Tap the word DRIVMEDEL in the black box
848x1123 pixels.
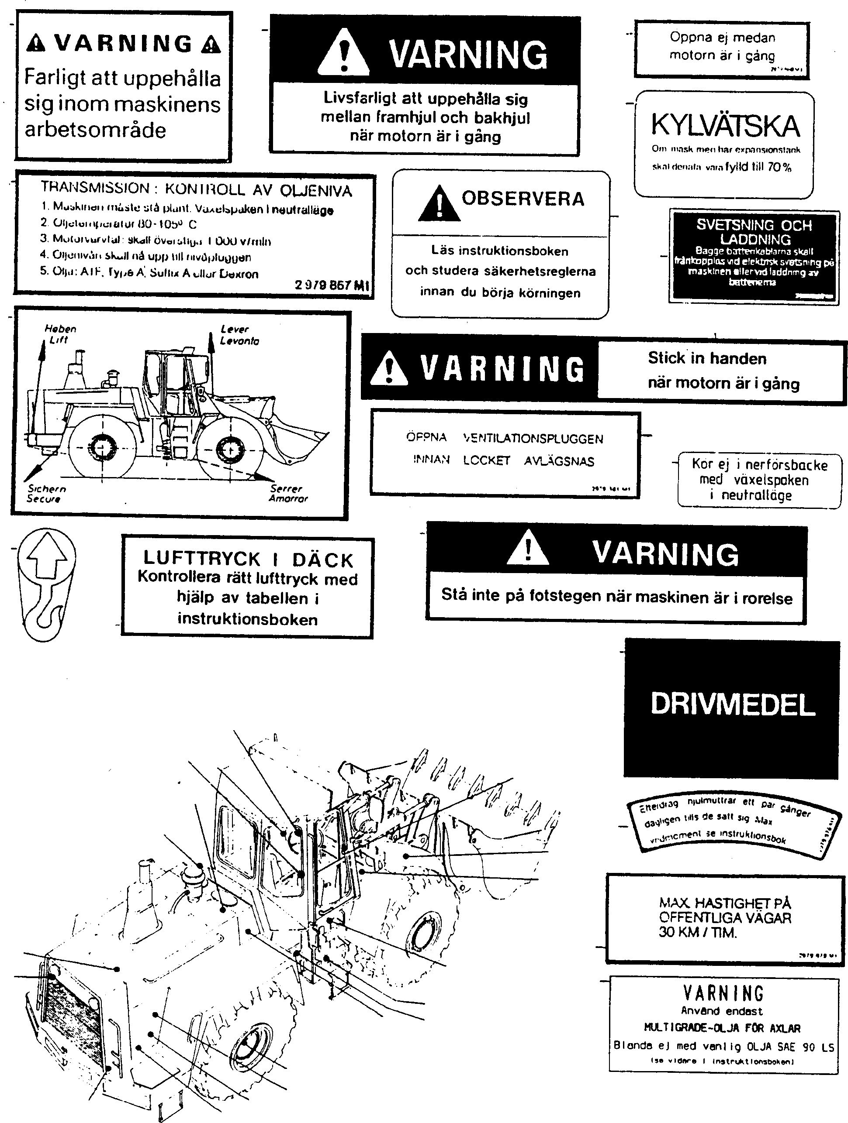point(732,705)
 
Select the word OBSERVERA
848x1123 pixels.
point(523,199)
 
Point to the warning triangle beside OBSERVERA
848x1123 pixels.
point(439,204)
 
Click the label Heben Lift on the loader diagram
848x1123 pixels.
point(59,334)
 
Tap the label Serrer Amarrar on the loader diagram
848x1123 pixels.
point(288,493)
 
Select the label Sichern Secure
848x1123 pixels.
point(46,493)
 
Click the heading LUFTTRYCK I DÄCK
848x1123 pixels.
point(248,559)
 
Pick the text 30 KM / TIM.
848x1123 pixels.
point(698,932)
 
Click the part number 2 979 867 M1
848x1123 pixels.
point(331,285)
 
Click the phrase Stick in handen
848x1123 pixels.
point(707,358)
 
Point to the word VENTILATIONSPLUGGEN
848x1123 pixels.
point(533,439)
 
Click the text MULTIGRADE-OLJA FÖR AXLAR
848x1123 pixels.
point(722,1028)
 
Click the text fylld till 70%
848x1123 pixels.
point(758,167)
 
